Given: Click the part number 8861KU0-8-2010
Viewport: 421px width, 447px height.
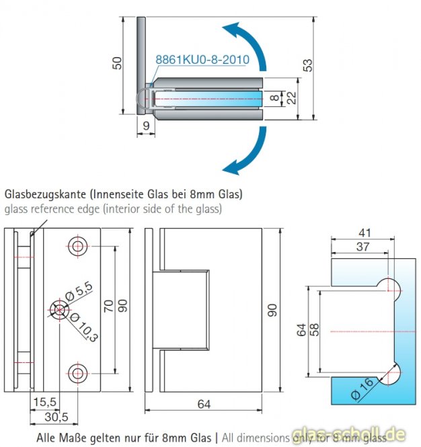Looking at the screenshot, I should tap(202, 60).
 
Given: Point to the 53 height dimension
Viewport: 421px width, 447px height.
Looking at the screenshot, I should tap(307, 65).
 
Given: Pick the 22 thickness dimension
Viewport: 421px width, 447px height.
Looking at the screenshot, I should tap(291, 98).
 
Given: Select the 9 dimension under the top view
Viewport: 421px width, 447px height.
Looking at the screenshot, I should tap(146, 124).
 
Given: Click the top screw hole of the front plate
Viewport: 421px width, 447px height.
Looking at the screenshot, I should tap(79, 246).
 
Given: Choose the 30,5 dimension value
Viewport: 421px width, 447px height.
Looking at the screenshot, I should tap(56, 417).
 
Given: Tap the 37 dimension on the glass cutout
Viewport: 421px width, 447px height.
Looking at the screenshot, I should tap(362, 247).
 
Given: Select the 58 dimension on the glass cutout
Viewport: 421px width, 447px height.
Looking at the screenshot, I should tap(315, 330).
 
